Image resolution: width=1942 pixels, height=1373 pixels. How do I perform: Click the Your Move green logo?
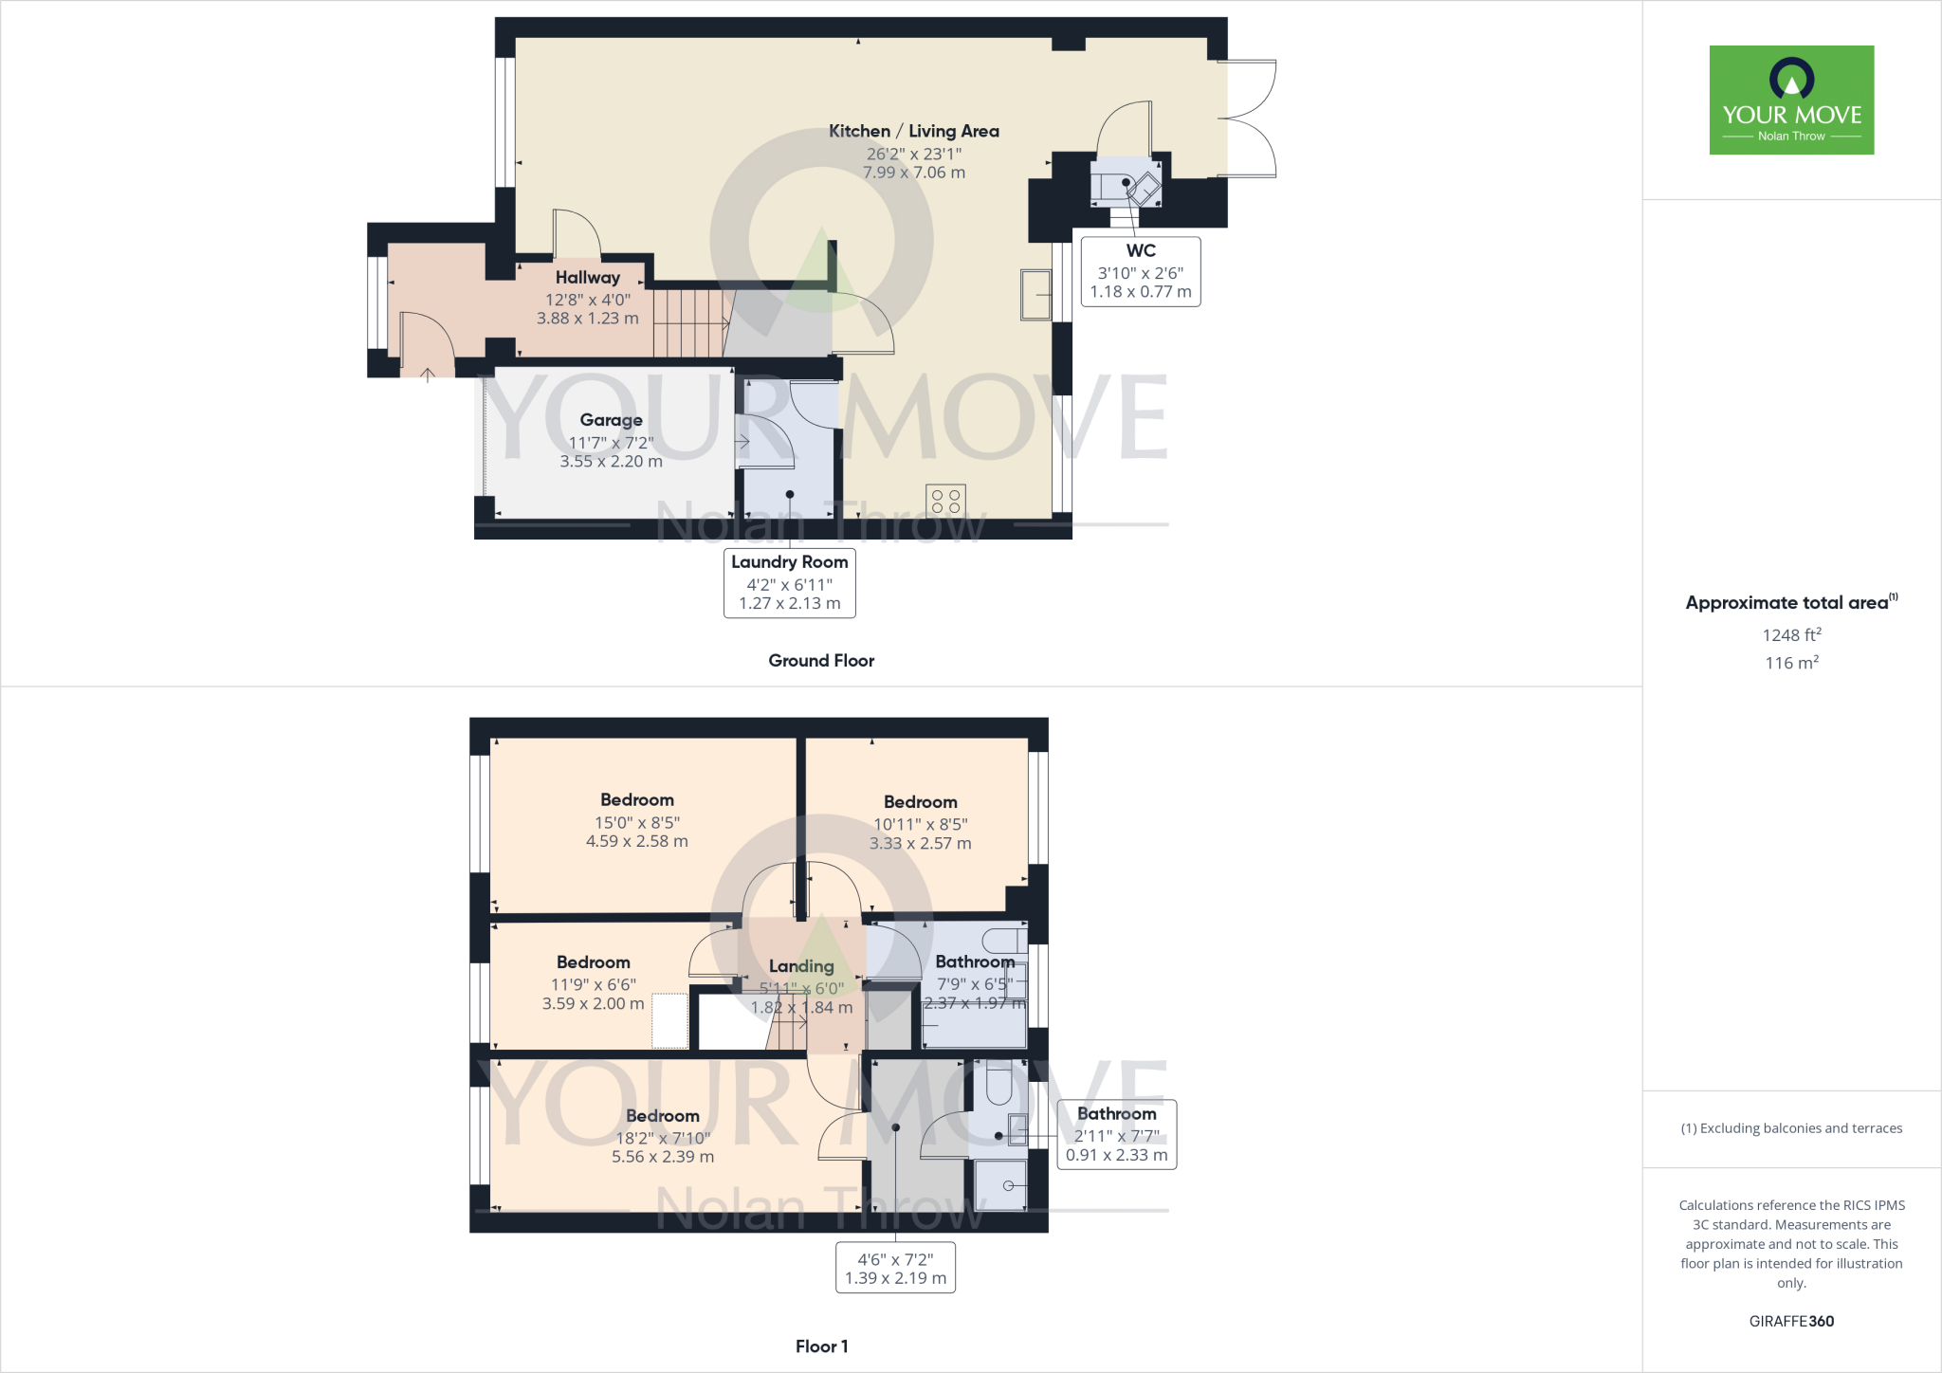(x=1791, y=100)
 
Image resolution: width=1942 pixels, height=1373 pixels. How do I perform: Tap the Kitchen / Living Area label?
(x=913, y=131)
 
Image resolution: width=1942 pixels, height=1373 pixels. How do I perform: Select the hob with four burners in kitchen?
(x=945, y=501)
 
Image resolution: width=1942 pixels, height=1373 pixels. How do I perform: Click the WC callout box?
(x=1141, y=271)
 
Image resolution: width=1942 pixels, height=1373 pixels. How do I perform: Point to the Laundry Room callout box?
(x=789, y=582)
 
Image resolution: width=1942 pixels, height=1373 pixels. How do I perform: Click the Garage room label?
(x=611, y=420)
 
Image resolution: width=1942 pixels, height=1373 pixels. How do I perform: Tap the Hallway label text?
(x=587, y=278)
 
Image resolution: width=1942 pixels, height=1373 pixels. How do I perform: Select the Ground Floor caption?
(x=821, y=661)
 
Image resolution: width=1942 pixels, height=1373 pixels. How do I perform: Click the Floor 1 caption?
(x=821, y=1346)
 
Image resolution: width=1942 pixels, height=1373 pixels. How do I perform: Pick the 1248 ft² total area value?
(x=1791, y=635)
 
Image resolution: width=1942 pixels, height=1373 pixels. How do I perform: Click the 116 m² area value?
(x=1791, y=663)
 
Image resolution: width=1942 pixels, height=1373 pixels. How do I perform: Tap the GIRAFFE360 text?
(x=1791, y=1321)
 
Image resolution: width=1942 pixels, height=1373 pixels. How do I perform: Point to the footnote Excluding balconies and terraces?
(x=1791, y=1128)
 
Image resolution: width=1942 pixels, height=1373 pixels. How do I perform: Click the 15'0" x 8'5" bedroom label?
(x=636, y=820)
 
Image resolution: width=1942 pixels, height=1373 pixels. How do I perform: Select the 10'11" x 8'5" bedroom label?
(x=920, y=822)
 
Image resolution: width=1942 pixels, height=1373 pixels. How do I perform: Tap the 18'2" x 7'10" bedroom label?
(x=662, y=1136)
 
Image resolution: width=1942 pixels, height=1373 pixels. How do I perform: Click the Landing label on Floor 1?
(x=801, y=966)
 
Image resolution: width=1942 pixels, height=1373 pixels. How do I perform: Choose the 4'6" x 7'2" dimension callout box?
(x=895, y=1269)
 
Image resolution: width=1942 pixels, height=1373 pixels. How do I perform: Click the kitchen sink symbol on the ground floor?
(x=1035, y=294)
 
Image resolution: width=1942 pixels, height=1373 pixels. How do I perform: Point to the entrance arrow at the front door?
(x=428, y=375)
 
